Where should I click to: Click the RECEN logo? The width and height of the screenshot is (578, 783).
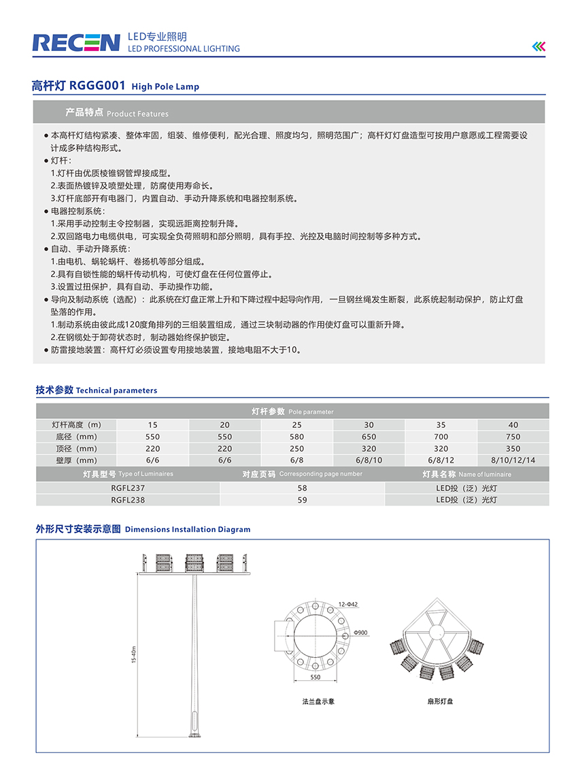[x=75, y=43]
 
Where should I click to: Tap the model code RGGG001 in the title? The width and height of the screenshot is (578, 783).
[x=98, y=86]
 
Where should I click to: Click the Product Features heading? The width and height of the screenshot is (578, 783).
[x=116, y=112]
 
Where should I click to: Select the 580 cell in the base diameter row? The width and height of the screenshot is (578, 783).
[x=296, y=437]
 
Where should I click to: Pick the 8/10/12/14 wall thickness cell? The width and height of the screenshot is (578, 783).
[x=513, y=461]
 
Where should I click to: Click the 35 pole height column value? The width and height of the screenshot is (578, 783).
[x=441, y=425]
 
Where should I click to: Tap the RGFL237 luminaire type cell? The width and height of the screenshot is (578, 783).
[x=128, y=488]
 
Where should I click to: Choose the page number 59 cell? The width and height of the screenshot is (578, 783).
[x=302, y=500]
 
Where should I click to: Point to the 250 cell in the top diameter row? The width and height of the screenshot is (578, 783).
[x=296, y=449]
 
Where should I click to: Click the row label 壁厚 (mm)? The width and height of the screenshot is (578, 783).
[x=75, y=461]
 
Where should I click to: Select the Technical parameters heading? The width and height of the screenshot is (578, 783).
[x=96, y=390]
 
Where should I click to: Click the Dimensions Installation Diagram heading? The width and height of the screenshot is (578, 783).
[x=143, y=529]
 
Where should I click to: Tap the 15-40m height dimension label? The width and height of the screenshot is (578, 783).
[x=135, y=654]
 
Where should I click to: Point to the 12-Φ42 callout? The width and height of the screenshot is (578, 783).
[x=347, y=604]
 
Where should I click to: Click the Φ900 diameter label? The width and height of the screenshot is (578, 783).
[x=360, y=633]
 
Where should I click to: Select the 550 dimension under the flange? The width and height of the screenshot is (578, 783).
[x=315, y=678]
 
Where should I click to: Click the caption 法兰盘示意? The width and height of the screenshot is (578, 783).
[x=318, y=701]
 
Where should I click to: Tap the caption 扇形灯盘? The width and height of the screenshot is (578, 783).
[x=435, y=701]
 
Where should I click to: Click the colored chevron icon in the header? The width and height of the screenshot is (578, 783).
[x=539, y=46]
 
